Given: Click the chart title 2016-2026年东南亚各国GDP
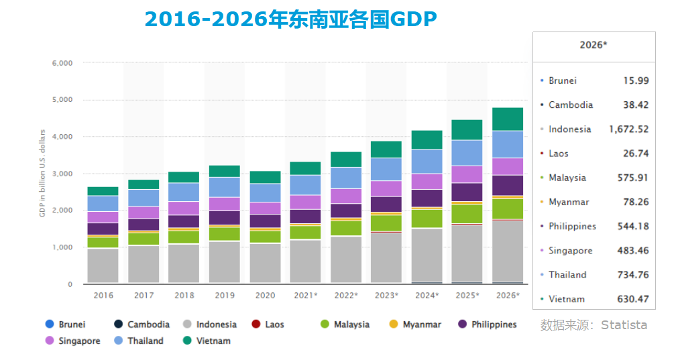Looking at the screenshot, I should click(290, 19).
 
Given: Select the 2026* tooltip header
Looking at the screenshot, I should click(594, 46).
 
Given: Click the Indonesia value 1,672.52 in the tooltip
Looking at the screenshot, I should click(628, 129).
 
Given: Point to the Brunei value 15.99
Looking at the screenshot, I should click(636, 80).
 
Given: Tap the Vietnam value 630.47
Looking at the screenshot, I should click(632, 299).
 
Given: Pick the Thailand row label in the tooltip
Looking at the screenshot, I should click(567, 275).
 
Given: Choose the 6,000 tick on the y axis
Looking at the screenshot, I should click(62, 63).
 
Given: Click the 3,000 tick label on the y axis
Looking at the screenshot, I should click(62, 174).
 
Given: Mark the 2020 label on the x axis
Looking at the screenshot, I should click(266, 295).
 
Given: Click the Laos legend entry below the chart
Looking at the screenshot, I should click(268, 324).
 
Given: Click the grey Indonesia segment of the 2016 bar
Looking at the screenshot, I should click(103, 265).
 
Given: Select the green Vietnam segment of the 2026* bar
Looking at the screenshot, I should click(508, 119).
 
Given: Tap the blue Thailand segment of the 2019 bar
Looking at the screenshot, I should click(225, 187).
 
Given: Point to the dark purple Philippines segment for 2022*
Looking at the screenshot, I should click(347, 211).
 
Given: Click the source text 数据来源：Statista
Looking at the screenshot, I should click(594, 325).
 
